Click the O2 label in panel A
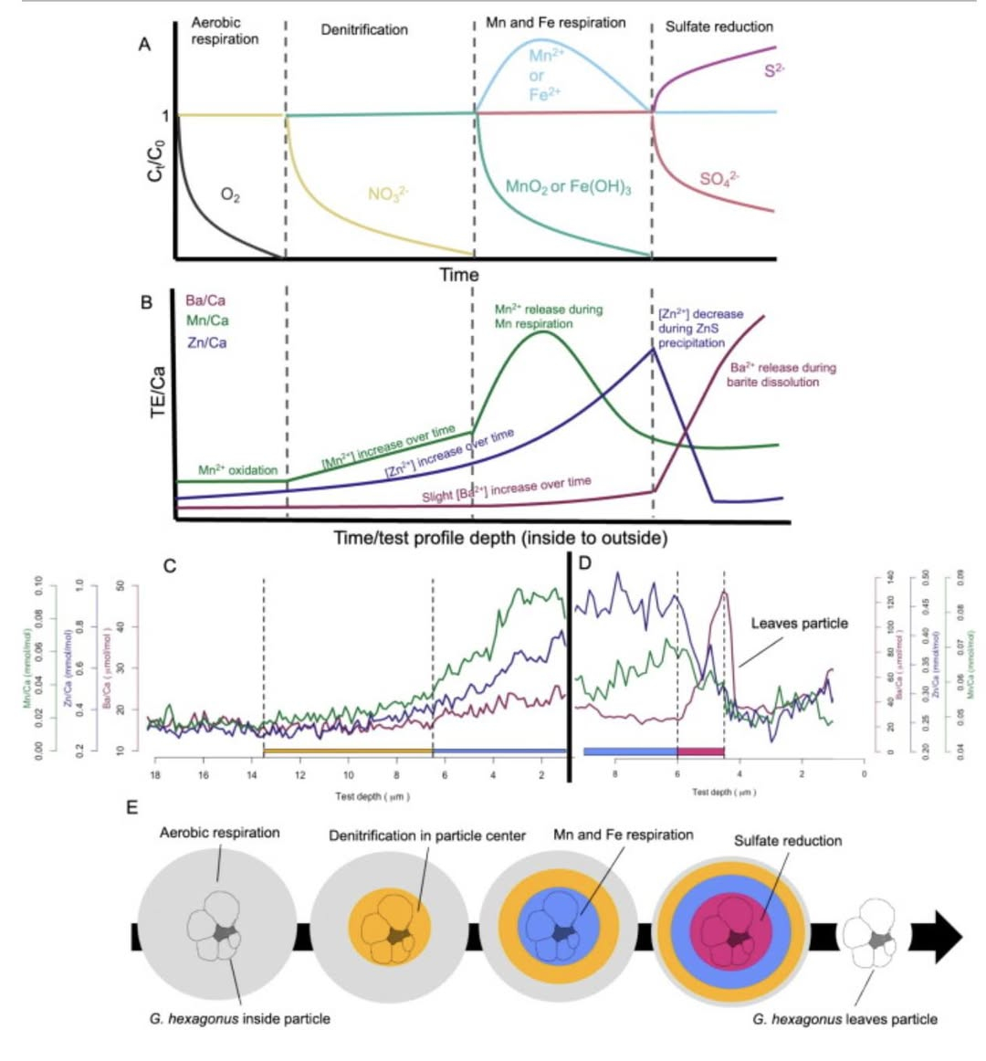pos(231,194)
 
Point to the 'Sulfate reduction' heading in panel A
pos(719,26)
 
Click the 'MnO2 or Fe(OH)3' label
pos(568,188)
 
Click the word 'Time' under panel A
pos(458,274)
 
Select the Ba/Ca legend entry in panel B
pos(205,300)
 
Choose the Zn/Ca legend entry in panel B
pos(205,342)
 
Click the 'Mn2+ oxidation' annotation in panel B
pos(237,470)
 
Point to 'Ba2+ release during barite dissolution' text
pos(781,374)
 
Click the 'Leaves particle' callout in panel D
pos(799,624)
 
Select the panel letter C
pos(169,565)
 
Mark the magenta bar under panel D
pos(700,751)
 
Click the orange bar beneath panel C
pos(347,751)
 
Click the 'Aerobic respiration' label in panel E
pos(219,833)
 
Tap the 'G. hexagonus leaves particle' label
pos(844,1019)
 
